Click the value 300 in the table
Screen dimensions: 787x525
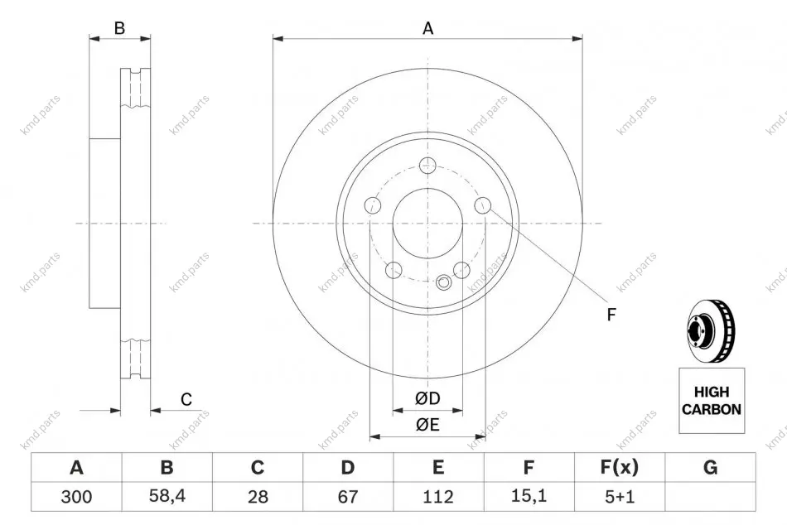(76, 496)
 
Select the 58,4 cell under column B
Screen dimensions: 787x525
(167, 496)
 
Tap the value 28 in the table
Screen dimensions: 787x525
(258, 496)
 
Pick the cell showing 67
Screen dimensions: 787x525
(348, 496)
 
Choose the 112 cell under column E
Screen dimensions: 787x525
(438, 496)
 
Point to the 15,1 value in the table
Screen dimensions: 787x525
(529, 496)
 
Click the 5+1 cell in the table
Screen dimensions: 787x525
(620, 496)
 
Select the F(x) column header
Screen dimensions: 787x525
(620, 467)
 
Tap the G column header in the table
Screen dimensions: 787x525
(710, 467)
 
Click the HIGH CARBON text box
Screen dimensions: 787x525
(712, 401)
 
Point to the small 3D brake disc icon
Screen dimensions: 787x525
(710, 330)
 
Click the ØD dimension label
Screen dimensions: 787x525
(427, 398)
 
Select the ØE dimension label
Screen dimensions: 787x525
(427, 425)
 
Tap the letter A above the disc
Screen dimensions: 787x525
(427, 28)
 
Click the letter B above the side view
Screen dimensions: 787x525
(119, 28)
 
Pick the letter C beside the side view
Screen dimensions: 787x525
(186, 399)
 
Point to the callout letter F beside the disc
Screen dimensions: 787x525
(611, 315)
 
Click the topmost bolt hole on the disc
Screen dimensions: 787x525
(427, 165)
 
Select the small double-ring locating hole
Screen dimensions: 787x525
(444, 282)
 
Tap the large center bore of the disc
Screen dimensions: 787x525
(427, 223)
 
